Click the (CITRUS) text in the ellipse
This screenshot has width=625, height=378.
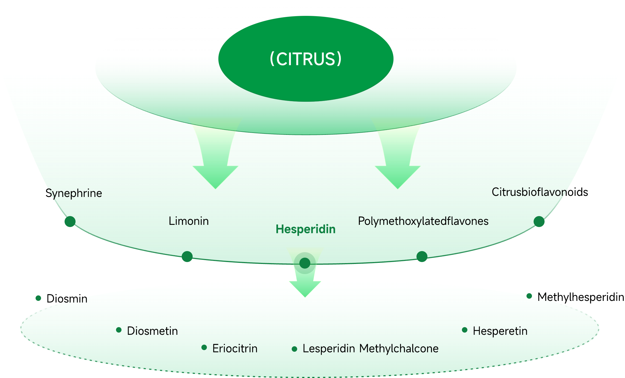point(306,59)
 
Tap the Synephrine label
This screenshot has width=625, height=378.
point(74,193)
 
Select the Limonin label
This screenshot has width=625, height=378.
point(189,221)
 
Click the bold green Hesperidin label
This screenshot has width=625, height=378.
point(305,229)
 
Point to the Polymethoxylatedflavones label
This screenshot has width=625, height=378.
point(423,221)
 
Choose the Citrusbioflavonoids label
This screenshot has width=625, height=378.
point(540,192)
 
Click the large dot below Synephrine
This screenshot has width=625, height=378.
point(70,221)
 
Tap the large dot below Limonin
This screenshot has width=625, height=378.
point(187,256)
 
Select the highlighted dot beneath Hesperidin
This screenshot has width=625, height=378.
point(305,263)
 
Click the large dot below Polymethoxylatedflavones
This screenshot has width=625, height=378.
point(422,256)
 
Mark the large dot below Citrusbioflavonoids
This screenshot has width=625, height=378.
point(539,221)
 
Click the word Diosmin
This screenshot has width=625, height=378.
point(67,299)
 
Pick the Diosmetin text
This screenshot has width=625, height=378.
point(152,331)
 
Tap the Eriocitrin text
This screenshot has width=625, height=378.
point(235,348)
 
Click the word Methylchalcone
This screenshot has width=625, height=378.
point(399,348)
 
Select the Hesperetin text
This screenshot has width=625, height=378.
point(500,331)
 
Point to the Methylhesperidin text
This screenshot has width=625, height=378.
point(581,297)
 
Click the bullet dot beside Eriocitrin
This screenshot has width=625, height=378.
point(204,347)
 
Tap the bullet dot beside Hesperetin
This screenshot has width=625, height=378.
point(465,330)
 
